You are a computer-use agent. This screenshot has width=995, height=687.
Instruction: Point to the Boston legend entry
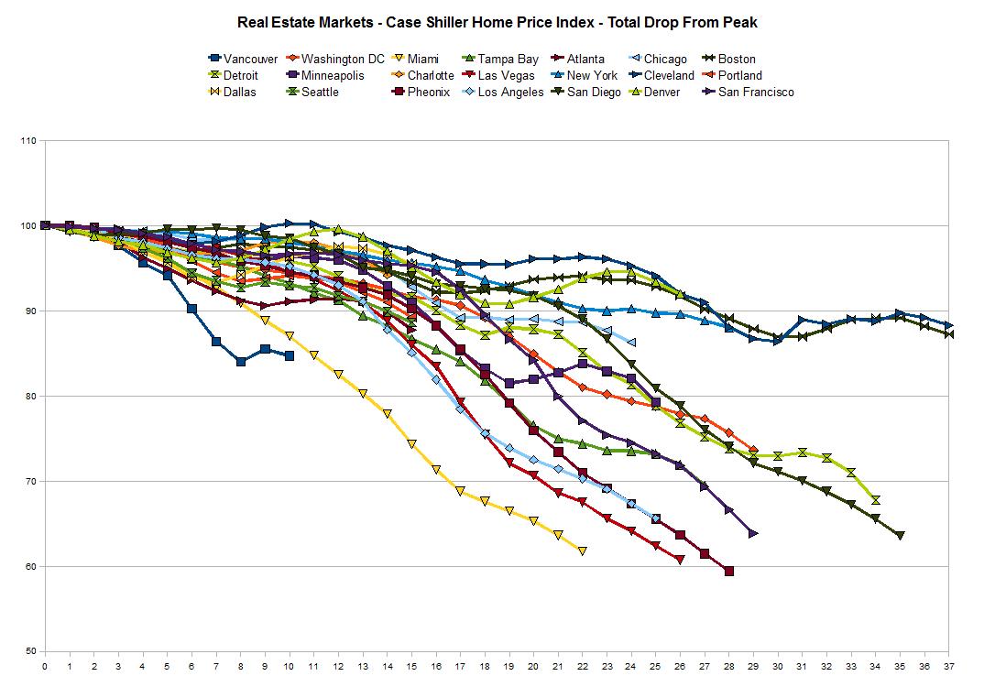(737, 59)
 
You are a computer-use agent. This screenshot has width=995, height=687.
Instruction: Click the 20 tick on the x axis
(533, 667)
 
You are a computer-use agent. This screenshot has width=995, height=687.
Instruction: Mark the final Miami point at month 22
(582, 551)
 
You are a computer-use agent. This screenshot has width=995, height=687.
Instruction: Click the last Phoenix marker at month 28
(728, 572)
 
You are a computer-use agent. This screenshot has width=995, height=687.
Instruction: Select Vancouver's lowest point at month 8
(241, 362)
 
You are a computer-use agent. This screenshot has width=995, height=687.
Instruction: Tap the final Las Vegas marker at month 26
(680, 559)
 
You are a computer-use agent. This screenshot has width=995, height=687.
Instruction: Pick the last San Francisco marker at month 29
(753, 533)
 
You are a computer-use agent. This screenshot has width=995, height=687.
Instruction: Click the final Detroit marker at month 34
(875, 500)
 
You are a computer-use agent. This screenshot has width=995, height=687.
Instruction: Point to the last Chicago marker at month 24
(631, 342)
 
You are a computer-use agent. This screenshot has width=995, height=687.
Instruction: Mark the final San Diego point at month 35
(900, 535)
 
